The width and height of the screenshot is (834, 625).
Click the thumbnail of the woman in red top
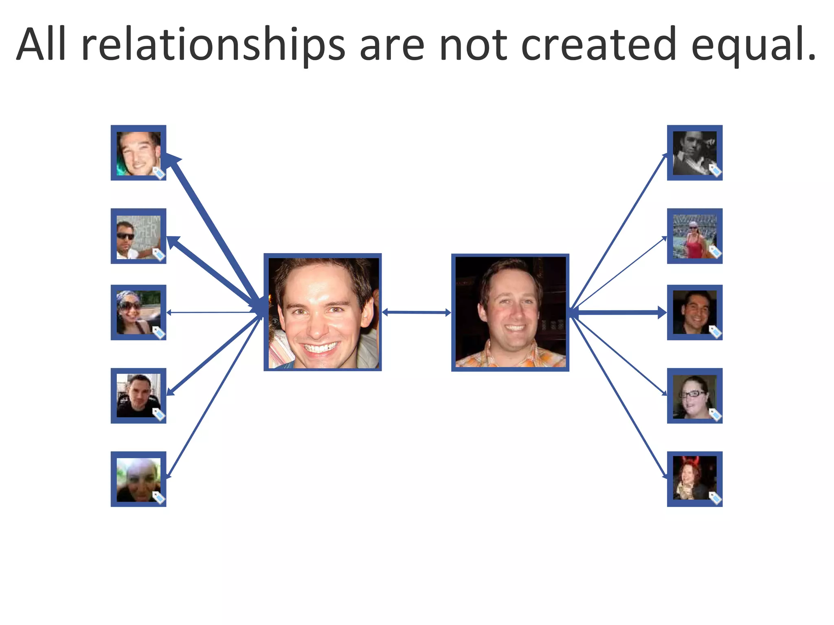pyautogui.click(x=694, y=236)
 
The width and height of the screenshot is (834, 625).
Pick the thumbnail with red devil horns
pyautogui.click(x=694, y=479)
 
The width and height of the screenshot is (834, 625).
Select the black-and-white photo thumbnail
pyautogui.click(x=694, y=153)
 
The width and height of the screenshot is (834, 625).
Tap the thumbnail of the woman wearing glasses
pyautogui.click(x=694, y=396)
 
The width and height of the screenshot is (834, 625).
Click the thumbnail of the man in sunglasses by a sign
pyautogui.click(x=138, y=236)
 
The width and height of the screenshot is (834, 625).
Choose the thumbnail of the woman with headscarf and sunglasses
pyautogui.click(x=138, y=312)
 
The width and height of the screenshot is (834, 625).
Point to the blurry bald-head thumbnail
pyautogui.click(x=138, y=479)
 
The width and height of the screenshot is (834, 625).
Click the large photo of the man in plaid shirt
pyautogui.click(x=510, y=312)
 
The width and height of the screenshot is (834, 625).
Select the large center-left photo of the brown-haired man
pyautogui.click(x=323, y=312)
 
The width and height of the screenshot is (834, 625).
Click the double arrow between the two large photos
pyautogui.click(x=416, y=312)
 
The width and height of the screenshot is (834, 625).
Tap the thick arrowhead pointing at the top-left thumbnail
pyautogui.click(x=173, y=160)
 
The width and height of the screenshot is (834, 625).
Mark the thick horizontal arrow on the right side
pyautogui.click(x=619, y=312)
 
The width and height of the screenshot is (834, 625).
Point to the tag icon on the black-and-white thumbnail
pyautogui.click(x=715, y=170)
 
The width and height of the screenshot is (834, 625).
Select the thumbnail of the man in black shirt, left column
pyautogui.click(x=138, y=396)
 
